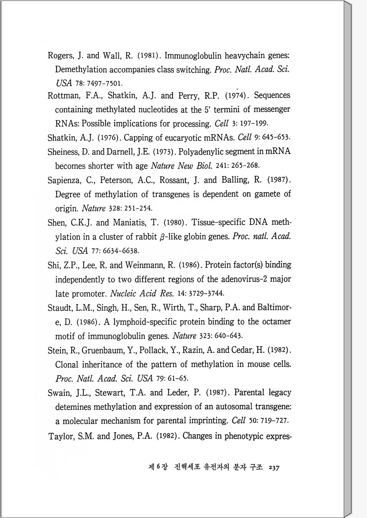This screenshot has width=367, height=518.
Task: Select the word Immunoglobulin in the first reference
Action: [193, 56]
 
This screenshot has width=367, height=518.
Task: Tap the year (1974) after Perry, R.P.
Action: [235, 96]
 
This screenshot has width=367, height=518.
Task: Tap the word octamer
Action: [276, 322]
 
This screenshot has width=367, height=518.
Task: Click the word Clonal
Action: [67, 365]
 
